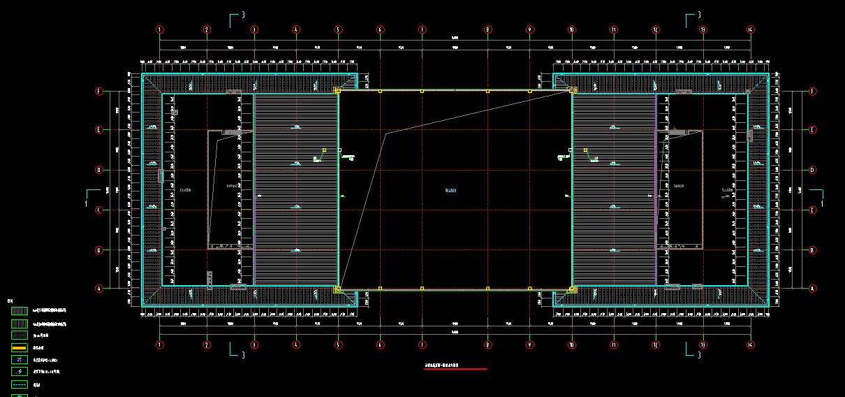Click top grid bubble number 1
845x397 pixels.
pyautogui.click(x=160, y=29)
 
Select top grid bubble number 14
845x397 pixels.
pyautogui.click(x=750, y=29)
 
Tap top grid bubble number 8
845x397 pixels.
pyautogui.click(x=488, y=29)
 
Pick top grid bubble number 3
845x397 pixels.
pyautogui.click(x=254, y=29)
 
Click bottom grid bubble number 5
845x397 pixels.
pyautogui.click(x=338, y=345)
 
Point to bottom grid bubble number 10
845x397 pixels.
pyautogui.click(x=572, y=345)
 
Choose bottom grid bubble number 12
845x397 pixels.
pyautogui.click(x=656, y=345)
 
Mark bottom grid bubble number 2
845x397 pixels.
pyautogui.click(x=207, y=345)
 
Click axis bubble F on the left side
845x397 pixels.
pyautogui.click(x=99, y=92)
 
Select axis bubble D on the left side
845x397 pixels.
pyautogui.click(x=99, y=170)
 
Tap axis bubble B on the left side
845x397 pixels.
pyautogui.click(x=99, y=250)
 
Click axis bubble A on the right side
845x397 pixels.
pyautogui.click(x=813, y=288)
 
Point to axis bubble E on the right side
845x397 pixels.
pyautogui.click(x=813, y=130)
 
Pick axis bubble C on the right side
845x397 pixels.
pyautogui.click(x=813, y=210)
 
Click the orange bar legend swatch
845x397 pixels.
pyautogui.click(x=19, y=347)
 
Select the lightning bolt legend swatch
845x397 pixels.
pyautogui.click(x=19, y=372)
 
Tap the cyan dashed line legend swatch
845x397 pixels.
pyautogui.click(x=19, y=384)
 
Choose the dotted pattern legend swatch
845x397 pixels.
pyautogui.click(x=19, y=335)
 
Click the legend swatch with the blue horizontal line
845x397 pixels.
pyautogui.click(x=19, y=359)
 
